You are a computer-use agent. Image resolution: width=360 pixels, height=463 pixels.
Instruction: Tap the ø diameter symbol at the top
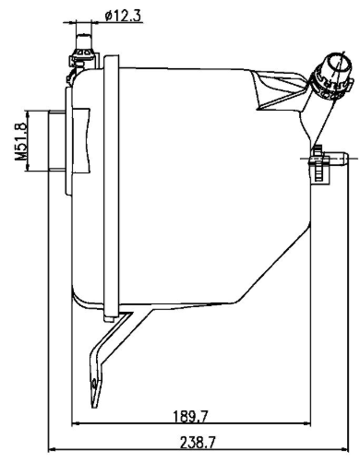pyautogui.click(x=110, y=16)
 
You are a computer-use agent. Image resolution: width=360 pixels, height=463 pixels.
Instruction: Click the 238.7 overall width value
pyautogui.click(x=194, y=442)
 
